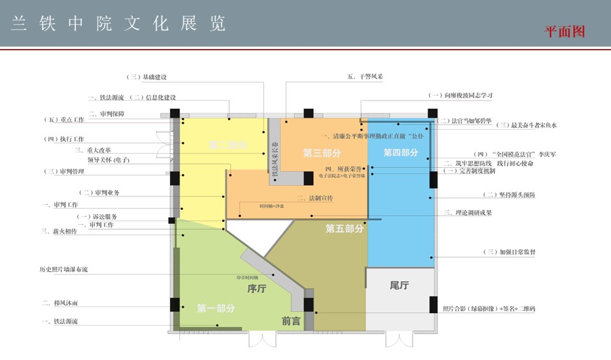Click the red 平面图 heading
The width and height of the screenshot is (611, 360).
pyautogui.click(x=564, y=31)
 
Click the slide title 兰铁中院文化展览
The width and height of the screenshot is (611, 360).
pyautogui.click(x=118, y=24)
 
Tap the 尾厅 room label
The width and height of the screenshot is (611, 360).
pyautogui.click(x=399, y=286)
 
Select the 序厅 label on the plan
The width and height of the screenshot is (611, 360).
pyautogui.click(x=256, y=288)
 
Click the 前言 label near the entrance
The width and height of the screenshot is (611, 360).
pyautogui.click(x=291, y=322)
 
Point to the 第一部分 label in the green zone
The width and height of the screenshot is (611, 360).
pyautogui.click(x=216, y=308)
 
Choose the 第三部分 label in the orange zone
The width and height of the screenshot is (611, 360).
pyautogui.click(x=322, y=153)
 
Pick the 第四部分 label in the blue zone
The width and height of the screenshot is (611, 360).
pyautogui.click(x=400, y=153)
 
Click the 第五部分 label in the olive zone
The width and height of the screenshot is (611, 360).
pyautogui.click(x=344, y=228)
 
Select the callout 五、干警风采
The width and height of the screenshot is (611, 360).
pyautogui.click(x=365, y=77)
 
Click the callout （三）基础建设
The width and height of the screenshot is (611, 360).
pyautogui.click(x=147, y=77)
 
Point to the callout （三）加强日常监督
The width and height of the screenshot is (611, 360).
pyautogui.click(x=509, y=253)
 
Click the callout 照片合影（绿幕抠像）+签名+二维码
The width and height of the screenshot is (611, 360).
pyautogui.click(x=489, y=309)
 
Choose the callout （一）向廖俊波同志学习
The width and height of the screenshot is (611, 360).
pyautogui.click(x=461, y=95)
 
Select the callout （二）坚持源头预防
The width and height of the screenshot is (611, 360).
pyautogui.click(x=509, y=195)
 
